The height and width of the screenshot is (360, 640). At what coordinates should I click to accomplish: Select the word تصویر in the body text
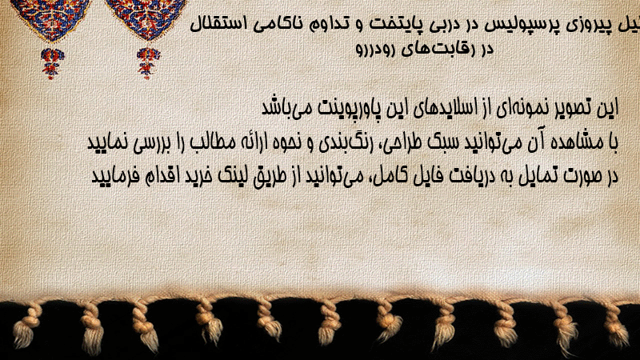(570, 108)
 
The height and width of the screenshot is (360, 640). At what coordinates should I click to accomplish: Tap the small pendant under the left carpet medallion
(52, 63)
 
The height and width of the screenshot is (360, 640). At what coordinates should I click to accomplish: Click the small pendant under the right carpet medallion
(148, 63)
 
